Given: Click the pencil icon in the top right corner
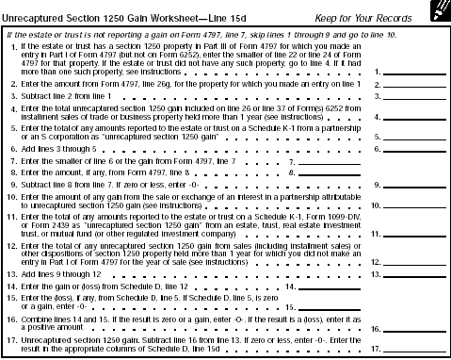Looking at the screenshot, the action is [436, 11].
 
